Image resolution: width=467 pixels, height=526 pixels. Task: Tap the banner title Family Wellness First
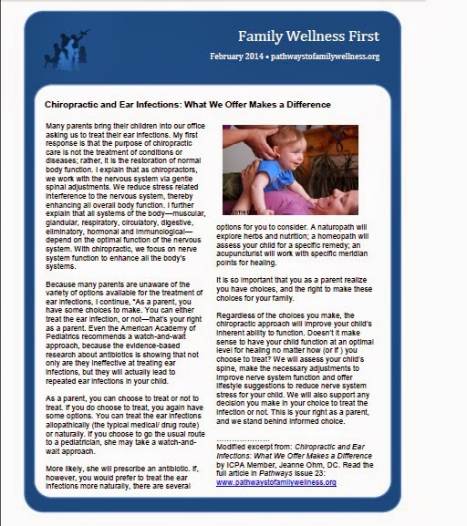click(x=308, y=36)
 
